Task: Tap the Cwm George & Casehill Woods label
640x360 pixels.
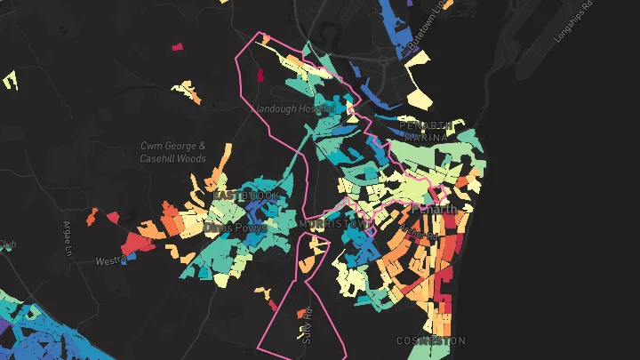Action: click(173, 151)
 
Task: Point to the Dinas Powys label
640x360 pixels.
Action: click(235, 228)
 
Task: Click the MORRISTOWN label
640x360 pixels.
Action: click(334, 224)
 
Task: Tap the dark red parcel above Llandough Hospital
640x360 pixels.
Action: click(261, 75)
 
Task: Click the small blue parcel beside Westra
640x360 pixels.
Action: click(132, 256)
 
